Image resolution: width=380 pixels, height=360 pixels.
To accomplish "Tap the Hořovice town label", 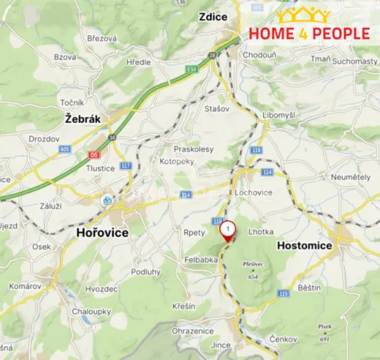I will pos(102,232).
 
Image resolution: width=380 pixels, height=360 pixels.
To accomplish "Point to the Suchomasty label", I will pos(355,59).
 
